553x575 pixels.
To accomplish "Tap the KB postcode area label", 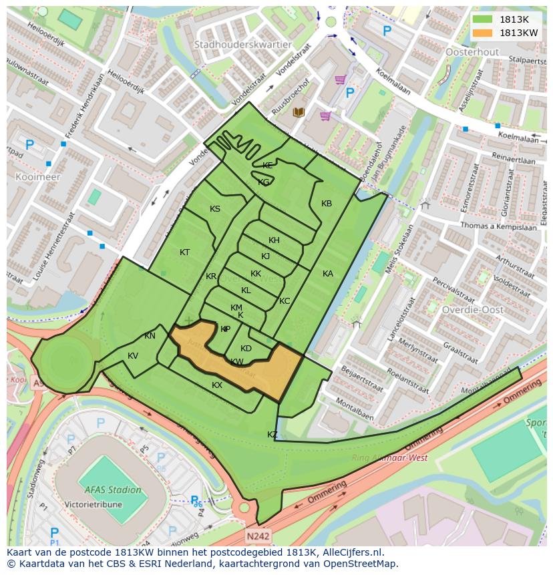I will pyautogui.click(x=327, y=204).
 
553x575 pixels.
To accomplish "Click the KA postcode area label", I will pyautogui.click(x=328, y=274).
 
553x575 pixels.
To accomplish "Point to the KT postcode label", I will pyautogui.click(x=185, y=252).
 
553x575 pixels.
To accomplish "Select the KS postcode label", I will pyautogui.click(x=215, y=209).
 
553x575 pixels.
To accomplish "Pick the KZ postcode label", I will pyautogui.click(x=272, y=435).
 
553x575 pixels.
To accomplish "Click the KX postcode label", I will pyautogui.click(x=217, y=385).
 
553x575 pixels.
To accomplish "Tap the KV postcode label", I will pyautogui.click(x=133, y=356).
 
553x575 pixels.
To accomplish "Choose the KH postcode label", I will pyautogui.click(x=274, y=240).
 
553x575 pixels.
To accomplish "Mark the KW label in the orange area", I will pyautogui.click(x=237, y=362).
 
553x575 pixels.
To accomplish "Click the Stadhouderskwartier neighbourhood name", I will pyautogui.click(x=242, y=45).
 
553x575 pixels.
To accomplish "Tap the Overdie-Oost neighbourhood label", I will pyautogui.click(x=472, y=310).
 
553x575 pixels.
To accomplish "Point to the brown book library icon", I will pyautogui.click(x=299, y=112).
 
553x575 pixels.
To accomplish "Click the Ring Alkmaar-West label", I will pyautogui.click(x=390, y=458).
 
